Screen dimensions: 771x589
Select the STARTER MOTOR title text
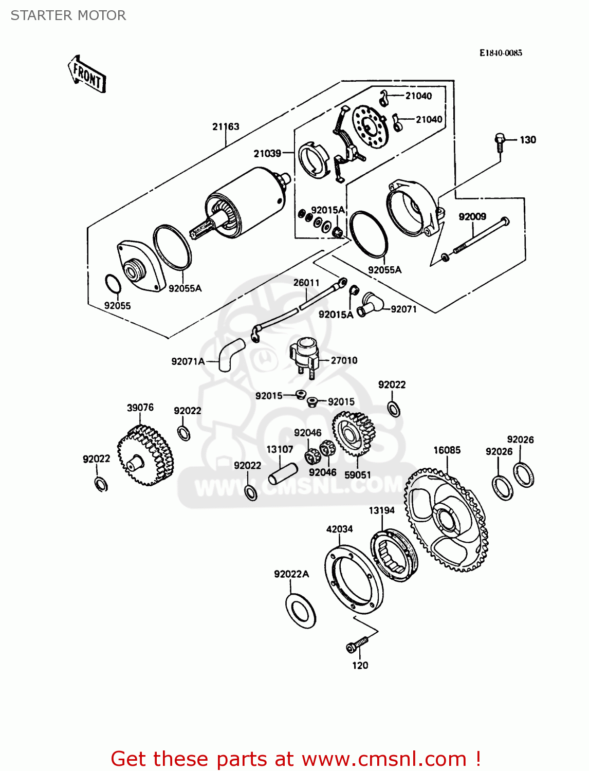coord(68,15)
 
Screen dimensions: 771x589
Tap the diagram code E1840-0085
coord(501,53)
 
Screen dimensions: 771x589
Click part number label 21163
coord(226,126)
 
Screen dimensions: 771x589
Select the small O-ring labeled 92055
coord(113,284)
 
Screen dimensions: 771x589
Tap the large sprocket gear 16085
coord(446,519)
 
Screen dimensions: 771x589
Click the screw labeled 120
coord(357,645)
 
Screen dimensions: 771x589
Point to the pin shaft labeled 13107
coord(283,473)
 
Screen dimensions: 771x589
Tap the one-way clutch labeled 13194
coord(394,555)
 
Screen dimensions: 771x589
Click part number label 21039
coord(267,153)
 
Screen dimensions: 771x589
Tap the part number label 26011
coord(306,283)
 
